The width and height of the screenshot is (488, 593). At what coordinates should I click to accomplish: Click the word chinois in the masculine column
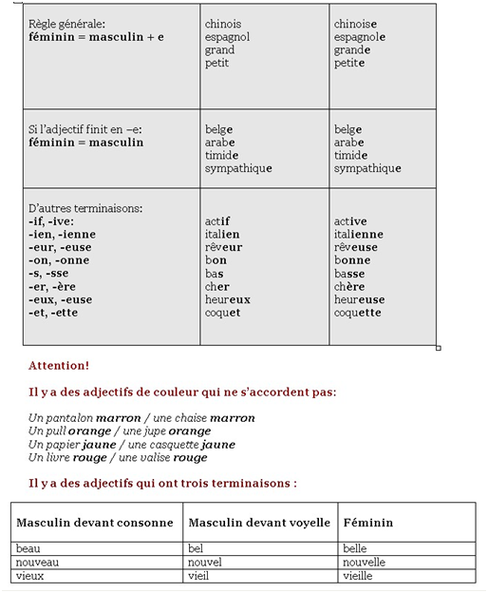223,24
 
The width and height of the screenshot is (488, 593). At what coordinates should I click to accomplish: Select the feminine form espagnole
359,37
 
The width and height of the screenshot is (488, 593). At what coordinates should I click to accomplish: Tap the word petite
349,64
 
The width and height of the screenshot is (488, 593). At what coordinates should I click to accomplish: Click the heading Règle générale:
67,24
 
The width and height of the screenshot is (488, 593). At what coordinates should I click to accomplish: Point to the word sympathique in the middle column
238,168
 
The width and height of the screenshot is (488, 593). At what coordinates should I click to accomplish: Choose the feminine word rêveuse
355,247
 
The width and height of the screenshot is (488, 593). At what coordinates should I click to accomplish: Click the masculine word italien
222,234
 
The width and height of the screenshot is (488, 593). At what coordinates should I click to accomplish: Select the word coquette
357,313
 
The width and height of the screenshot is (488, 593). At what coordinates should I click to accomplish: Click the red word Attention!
59,365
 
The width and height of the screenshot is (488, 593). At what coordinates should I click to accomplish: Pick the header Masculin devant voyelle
259,523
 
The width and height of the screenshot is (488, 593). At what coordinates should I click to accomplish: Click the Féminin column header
369,523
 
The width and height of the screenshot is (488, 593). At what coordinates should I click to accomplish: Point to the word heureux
228,299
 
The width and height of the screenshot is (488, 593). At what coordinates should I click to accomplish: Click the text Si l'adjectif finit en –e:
84,129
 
